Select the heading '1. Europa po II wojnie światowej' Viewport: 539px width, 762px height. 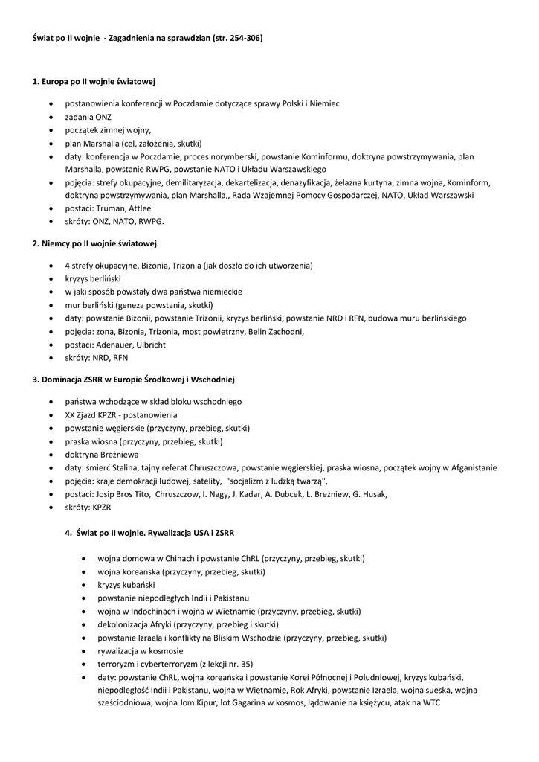click(94, 81)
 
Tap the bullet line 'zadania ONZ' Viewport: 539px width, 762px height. click(88, 117)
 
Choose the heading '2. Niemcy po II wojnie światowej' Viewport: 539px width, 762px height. click(94, 243)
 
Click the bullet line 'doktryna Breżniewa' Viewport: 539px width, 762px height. click(102, 454)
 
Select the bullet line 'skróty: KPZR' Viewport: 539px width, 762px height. click(88, 507)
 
